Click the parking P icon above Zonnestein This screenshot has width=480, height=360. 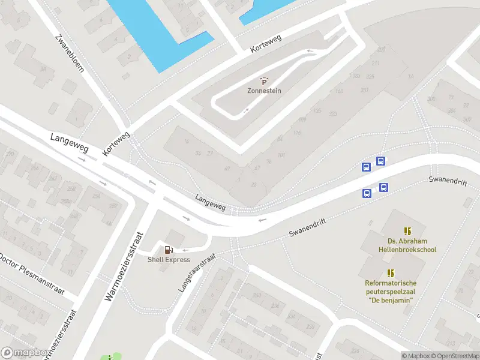tap(264, 81)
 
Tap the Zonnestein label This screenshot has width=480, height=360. tap(264, 91)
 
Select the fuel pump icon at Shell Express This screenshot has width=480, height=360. tap(169, 250)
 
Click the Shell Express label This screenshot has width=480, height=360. tap(169, 260)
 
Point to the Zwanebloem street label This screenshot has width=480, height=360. tap(70, 52)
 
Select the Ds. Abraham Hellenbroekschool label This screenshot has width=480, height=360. tap(407, 245)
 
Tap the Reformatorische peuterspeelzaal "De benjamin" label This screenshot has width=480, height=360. tap(391, 291)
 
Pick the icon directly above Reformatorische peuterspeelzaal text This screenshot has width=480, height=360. tap(391, 273)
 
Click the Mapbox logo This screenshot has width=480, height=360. tap(25, 353)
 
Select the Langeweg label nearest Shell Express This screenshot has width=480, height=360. tap(211, 202)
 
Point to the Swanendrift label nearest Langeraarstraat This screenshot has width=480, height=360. tap(307, 226)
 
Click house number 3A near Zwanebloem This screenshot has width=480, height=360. tap(43, 69)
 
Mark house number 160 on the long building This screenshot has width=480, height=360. tap(340, 91)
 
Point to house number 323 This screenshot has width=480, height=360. tap(333, 113)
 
